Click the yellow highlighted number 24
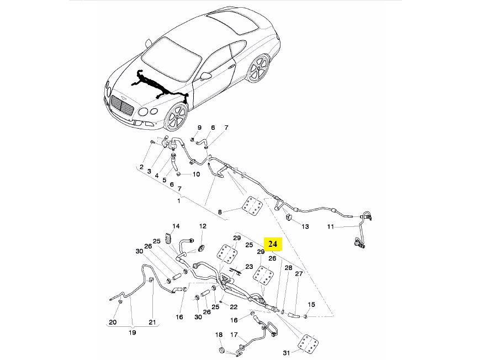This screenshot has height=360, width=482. pyautogui.click(x=273, y=244)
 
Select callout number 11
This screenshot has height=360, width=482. pyautogui.click(x=331, y=227)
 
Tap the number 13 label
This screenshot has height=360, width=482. pyautogui.click(x=305, y=226)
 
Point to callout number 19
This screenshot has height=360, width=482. pyautogui.click(x=132, y=332)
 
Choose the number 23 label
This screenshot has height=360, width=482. pyautogui.click(x=249, y=267)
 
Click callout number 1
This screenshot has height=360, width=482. pyautogui.click(x=179, y=201)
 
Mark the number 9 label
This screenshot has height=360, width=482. pyautogui.click(x=199, y=128)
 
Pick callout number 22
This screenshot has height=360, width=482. pyautogui.click(x=234, y=307)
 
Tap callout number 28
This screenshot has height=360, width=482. pyautogui.click(x=288, y=268)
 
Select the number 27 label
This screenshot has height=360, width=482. pyautogui.click(x=299, y=274)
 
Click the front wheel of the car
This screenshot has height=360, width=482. pyautogui.click(x=177, y=117)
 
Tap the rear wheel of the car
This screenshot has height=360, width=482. pyautogui.click(x=258, y=68)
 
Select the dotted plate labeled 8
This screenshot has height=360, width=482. pyautogui.click(x=252, y=205)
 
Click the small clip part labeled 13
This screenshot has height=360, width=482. pyautogui.click(x=289, y=217)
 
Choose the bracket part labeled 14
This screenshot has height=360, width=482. pyautogui.click(x=168, y=237)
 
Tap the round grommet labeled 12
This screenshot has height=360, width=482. pyautogui.click(x=202, y=248)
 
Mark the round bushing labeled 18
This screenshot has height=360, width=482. pyautogui.click(x=220, y=350)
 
